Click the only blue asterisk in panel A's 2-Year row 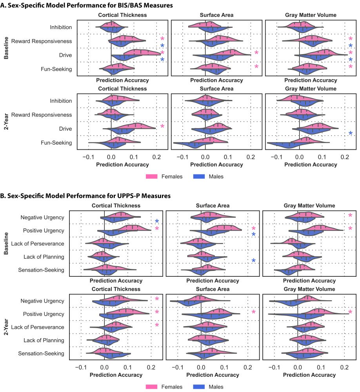point(351,134)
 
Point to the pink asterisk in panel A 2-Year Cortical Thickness point(162,127)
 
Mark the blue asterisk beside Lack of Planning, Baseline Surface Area point(253,261)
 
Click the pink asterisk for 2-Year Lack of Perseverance point(157,325)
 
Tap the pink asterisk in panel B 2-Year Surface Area point(253,312)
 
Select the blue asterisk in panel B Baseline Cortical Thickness point(157,222)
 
